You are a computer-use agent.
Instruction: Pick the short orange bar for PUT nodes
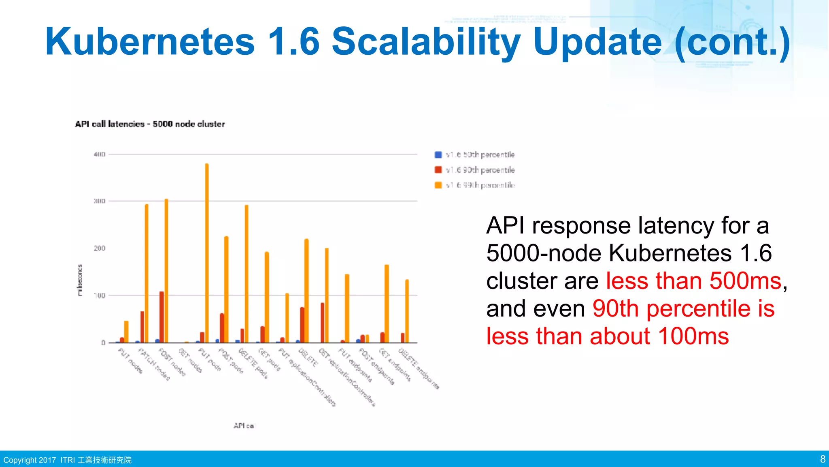pyautogui.click(x=126, y=332)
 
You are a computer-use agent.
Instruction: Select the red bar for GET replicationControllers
pyautogui.click(x=322, y=323)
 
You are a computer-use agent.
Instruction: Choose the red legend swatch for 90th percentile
pyautogui.click(x=438, y=170)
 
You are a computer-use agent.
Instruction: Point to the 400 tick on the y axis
pyautogui.click(x=100, y=154)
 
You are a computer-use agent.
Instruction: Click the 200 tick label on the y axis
pyautogui.click(x=100, y=248)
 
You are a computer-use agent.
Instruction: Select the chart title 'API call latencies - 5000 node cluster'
pyautogui.click(x=150, y=124)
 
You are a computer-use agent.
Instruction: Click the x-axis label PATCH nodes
pyautogui.click(x=154, y=364)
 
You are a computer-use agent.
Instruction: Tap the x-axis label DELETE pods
pyautogui.click(x=253, y=363)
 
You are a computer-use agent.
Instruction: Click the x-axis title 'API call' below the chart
pyautogui.click(x=244, y=426)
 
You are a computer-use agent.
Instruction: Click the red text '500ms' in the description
pyautogui.click(x=745, y=281)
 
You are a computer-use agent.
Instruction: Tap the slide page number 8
pyautogui.click(x=823, y=459)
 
